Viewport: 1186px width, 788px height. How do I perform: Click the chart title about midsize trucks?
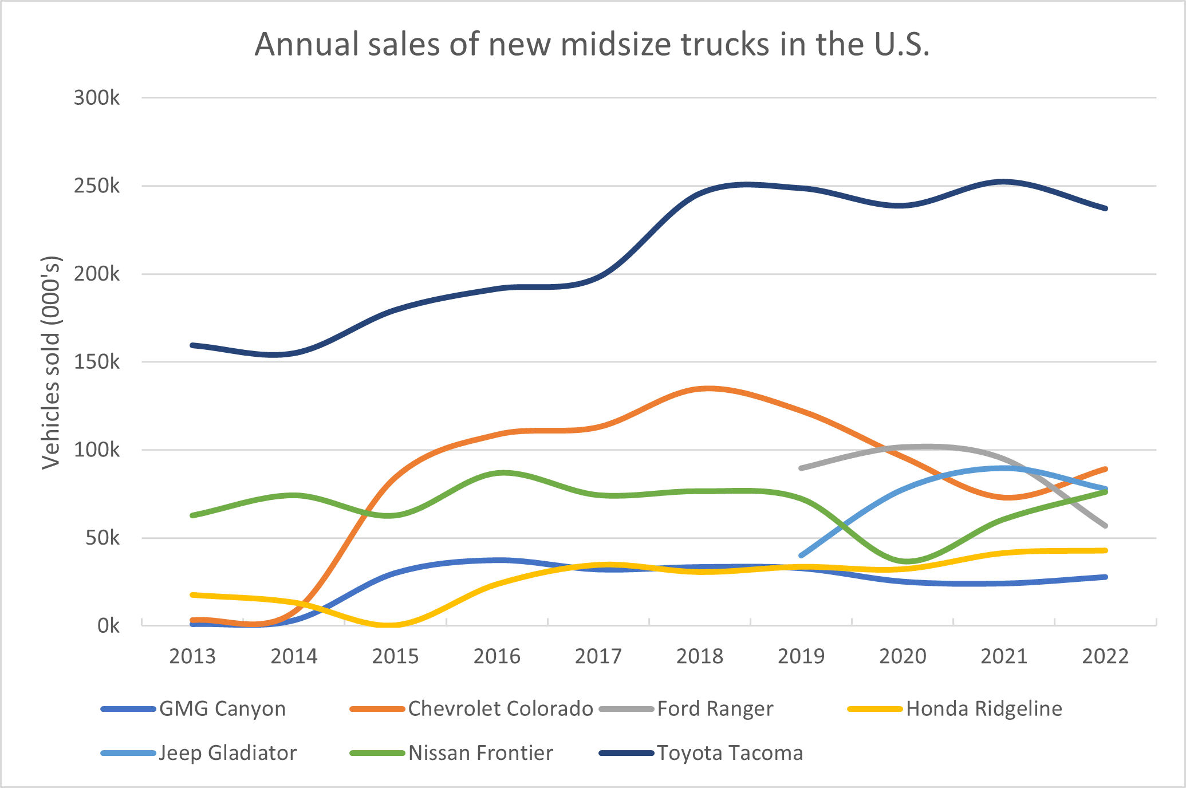pos(592,44)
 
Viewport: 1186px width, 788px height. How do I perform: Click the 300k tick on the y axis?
pos(97,98)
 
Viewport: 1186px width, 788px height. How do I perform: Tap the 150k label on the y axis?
pos(97,362)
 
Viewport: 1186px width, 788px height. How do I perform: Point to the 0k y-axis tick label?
pos(108,625)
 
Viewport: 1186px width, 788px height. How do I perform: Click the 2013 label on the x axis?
pos(192,656)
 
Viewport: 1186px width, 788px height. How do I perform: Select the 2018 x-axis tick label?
pos(700,656)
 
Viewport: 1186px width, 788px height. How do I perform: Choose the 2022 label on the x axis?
pos(1105,656)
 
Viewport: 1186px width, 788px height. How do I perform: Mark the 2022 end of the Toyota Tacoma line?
pos(1105,208)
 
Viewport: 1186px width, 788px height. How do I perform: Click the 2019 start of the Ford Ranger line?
pos(801,468)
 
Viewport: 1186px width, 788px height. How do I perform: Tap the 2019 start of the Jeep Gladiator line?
pos(801,555)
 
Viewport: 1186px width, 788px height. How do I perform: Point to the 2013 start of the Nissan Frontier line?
pos(192,515)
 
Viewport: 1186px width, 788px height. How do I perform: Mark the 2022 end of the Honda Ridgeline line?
pos(1105,550)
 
